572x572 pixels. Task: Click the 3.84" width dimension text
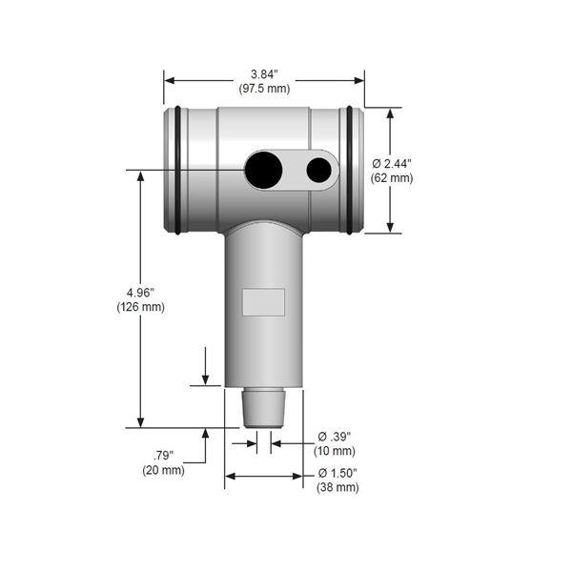click(x=264, y=74)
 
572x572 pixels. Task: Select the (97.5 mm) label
click(x=264, y=89)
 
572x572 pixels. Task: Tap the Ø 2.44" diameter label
click(x=392, y=164)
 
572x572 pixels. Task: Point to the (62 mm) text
click(x=392, y=178)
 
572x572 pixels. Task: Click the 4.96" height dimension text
click(x=140, y=293)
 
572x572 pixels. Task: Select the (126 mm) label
click(x=141, y=307)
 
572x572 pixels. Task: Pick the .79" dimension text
click(x=163, y=456)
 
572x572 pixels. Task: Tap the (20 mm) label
click(x=163, y=470)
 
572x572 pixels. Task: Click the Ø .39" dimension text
click(x=335, y=437)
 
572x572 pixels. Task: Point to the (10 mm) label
click(x=335, y=451)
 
